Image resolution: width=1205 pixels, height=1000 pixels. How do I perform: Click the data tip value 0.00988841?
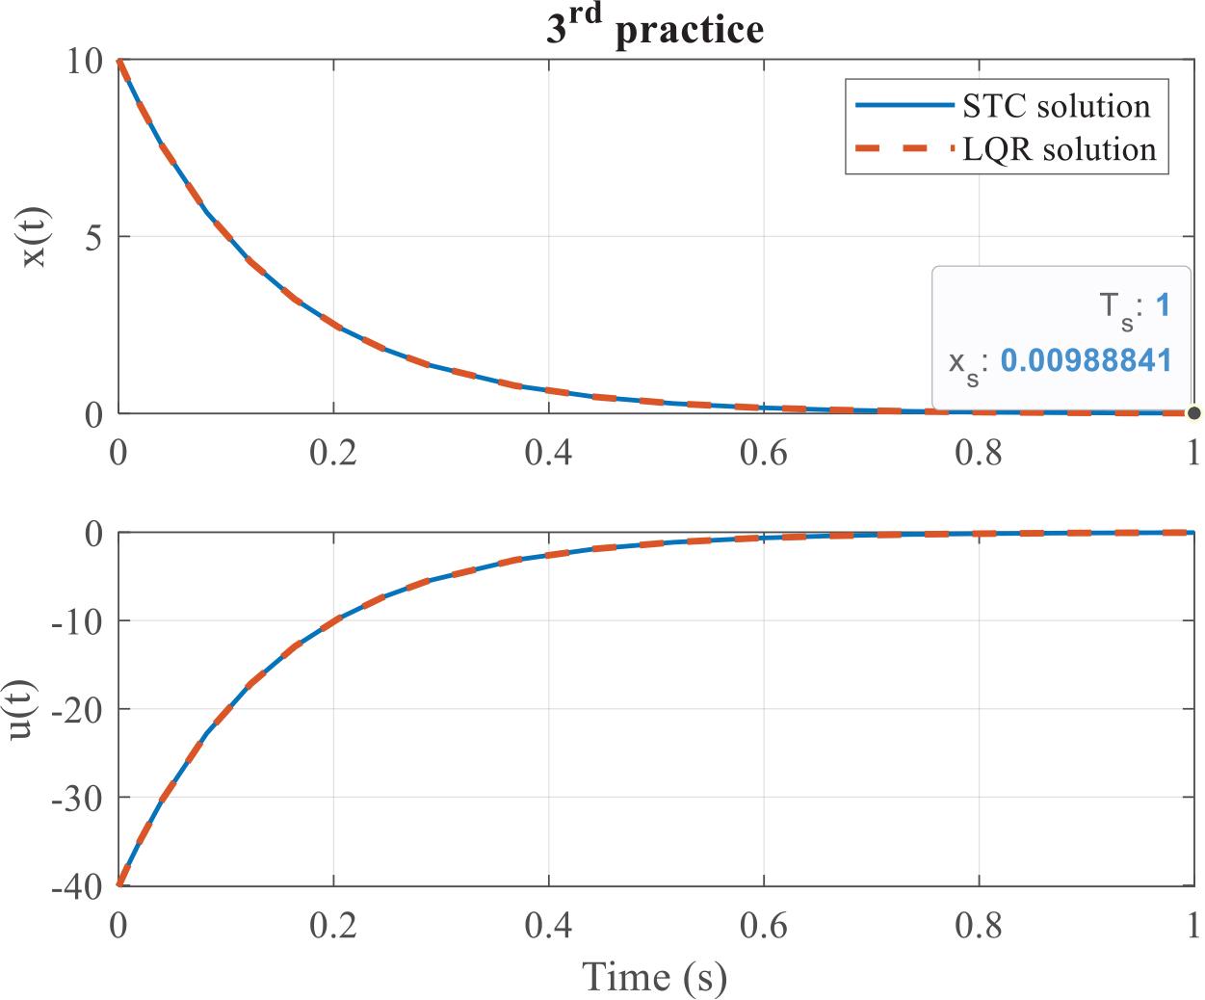tap(1086, 360)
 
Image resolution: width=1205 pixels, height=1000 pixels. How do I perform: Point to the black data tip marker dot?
tap(1194, 413)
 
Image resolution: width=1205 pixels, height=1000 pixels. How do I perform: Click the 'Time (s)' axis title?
tap(655, 976)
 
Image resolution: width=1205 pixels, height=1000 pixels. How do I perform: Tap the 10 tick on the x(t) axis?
tap(85, 61)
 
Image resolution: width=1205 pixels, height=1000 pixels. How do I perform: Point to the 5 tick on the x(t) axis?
tap(93, 237)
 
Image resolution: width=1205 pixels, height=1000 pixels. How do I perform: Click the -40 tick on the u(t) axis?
tap(77, 885)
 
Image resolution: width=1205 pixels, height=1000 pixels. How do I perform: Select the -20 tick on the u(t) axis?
tap(77, 709)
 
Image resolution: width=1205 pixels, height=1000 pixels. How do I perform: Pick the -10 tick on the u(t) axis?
tap(77, 621)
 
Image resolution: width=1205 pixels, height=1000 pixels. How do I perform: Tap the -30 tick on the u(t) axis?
tap(77, 798)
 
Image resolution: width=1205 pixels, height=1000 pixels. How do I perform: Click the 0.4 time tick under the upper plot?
tap(548, 451)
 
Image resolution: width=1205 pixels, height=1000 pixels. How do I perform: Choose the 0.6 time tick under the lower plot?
tap(764, 925)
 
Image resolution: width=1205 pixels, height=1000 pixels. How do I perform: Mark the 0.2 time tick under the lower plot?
tap(333, 925)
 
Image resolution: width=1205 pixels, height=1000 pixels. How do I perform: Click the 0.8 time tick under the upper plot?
tap(979, 451)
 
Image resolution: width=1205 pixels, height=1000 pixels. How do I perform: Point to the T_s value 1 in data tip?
tap(1163, 306)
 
